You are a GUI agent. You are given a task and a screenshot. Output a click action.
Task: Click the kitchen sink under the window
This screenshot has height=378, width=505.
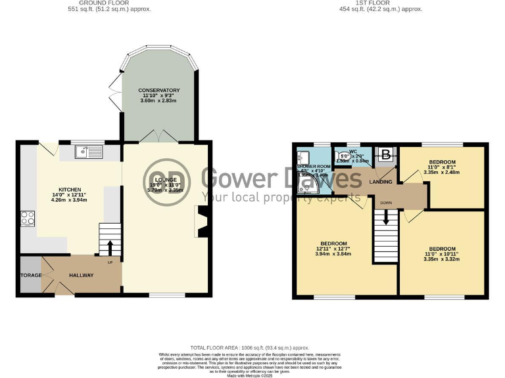click(x=88, y=152)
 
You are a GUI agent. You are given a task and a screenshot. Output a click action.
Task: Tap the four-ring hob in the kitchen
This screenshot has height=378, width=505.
click(x=28, y=219)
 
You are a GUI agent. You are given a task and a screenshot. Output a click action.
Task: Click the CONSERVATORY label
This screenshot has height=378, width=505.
click(x=158, y=90)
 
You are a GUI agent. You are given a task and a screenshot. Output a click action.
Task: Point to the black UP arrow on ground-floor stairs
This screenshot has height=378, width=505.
click(x=110, y=247)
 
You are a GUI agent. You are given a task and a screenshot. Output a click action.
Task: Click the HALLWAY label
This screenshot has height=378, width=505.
click(x=80, y=275)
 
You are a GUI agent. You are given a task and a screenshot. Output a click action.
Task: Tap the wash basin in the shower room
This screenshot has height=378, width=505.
click(x=302, y=157)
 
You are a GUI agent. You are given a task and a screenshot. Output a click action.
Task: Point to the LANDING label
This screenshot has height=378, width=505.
click(x=381, y=182)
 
